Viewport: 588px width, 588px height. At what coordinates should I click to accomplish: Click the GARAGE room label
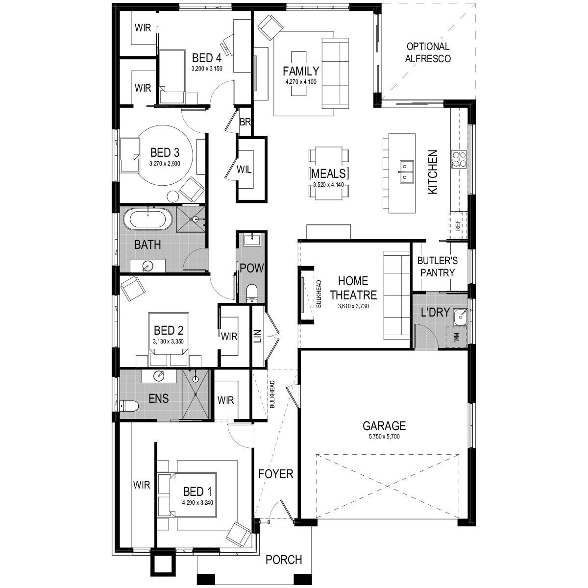coord(384,425)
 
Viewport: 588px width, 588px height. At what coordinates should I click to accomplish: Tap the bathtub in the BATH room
coord(147,220)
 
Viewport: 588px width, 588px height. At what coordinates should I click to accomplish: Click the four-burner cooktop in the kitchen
coord(460,159)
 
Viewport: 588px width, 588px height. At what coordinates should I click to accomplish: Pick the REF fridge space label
coord(458,226)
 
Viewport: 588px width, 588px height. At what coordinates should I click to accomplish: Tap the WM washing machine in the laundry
coord(457,337)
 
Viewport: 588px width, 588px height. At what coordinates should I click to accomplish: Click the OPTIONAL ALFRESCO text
coord(428,52)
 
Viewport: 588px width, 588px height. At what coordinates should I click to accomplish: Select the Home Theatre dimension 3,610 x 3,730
coord(353,306)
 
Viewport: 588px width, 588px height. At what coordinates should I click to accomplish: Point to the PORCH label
coord(284,560)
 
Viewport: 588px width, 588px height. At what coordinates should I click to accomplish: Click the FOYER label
coord(276,474)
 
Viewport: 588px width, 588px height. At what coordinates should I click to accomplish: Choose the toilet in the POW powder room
coord(251,293)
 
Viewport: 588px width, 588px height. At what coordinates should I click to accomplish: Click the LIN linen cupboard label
coord(258,337)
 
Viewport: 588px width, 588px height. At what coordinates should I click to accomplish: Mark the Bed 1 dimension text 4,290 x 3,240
coord(198,502)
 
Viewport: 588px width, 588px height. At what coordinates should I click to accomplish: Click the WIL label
coord(244,170)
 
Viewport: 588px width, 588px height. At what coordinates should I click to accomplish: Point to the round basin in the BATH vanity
coord(147,266)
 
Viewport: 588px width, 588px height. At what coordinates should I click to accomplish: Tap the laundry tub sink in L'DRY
coord(460,317)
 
